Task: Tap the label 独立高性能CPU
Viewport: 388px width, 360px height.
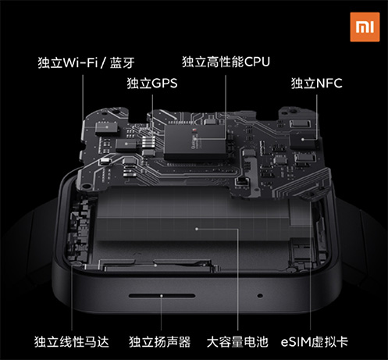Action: [x=225, y=60]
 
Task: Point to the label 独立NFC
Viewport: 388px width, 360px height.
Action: [x=316, y=82]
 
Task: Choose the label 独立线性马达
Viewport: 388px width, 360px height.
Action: [x=71, y=341]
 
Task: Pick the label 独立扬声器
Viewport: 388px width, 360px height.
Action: [x=159, y=341]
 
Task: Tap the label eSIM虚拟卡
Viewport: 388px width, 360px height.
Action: [x=321, y=341]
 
